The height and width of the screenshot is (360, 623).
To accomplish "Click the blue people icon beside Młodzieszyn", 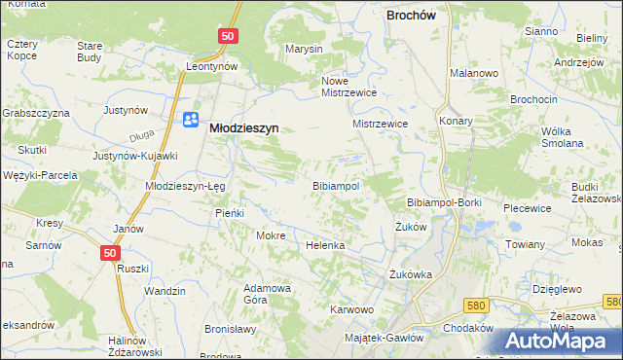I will tap(191, 120).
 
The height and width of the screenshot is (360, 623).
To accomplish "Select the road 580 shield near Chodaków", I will tap(474, 306).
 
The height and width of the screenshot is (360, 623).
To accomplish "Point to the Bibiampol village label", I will tap(336, 185).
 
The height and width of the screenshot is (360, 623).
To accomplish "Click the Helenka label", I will tap(325, 245).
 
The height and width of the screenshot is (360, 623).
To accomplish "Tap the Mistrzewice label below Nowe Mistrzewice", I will tap(380, 125).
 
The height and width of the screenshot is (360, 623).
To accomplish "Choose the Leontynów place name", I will tap(212, 66).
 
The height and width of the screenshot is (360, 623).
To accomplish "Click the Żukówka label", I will tap(409, 273).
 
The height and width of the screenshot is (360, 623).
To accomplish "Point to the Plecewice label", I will tap(528, 208).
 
